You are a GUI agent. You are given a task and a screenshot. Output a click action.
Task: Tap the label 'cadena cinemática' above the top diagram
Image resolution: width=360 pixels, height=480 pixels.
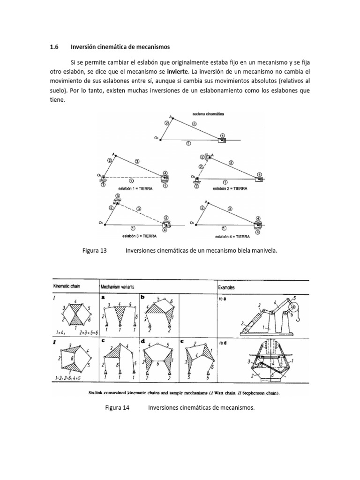point(208,114)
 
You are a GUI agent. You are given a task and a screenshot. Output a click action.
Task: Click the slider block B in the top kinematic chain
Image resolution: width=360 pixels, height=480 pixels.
point(222,139)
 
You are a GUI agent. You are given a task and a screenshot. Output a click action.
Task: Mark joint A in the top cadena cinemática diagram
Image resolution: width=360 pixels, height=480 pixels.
point(171,118)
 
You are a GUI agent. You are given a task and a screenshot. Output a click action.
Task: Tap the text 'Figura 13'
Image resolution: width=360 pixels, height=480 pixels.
point(95,251)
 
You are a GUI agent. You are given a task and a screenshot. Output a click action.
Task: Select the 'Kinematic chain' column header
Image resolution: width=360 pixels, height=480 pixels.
point(67,286)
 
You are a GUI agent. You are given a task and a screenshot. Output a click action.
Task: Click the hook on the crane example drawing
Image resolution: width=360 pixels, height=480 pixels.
point(298,318)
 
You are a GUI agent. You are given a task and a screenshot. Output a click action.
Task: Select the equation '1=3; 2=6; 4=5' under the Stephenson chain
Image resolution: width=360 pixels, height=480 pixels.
point(71,377)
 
